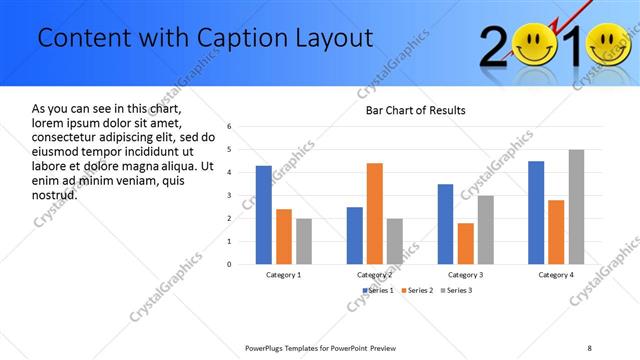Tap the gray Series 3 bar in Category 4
click(x=576, y=207)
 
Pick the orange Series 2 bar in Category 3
click(x=465, y=243)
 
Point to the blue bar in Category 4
click(x=536, y=212)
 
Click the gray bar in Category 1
click(x=304, y=241)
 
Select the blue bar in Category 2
click(x=354, y=235)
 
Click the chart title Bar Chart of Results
click(x=415, y=110)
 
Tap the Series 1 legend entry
click(x=378, y=290)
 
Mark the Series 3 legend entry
click(x=457, y=290)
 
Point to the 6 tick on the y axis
click(x=230, y=127)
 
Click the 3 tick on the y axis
click(x=230, y=196)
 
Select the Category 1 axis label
click(x=284, y=274)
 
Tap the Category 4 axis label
click(x=556, y=274)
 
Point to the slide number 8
click(x=589, y=347)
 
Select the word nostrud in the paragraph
click(x=55, y=194)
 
